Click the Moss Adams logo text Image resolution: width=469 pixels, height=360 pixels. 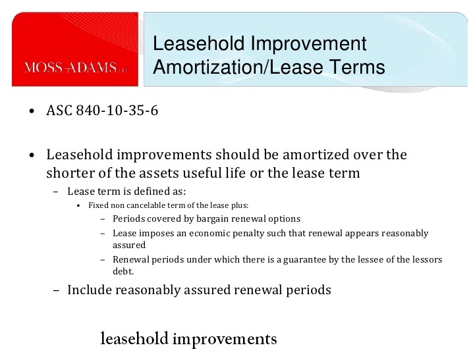point(76,67)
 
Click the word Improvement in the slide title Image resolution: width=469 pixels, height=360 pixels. point(308,43)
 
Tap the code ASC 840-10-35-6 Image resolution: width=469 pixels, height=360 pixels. point(102,111)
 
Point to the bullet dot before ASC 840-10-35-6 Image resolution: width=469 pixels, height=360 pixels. point(32,111)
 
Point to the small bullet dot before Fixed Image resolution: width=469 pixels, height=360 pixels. point(78,206)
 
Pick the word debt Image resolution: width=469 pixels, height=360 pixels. point(123,271)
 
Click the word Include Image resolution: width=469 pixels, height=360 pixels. point(90,290)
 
